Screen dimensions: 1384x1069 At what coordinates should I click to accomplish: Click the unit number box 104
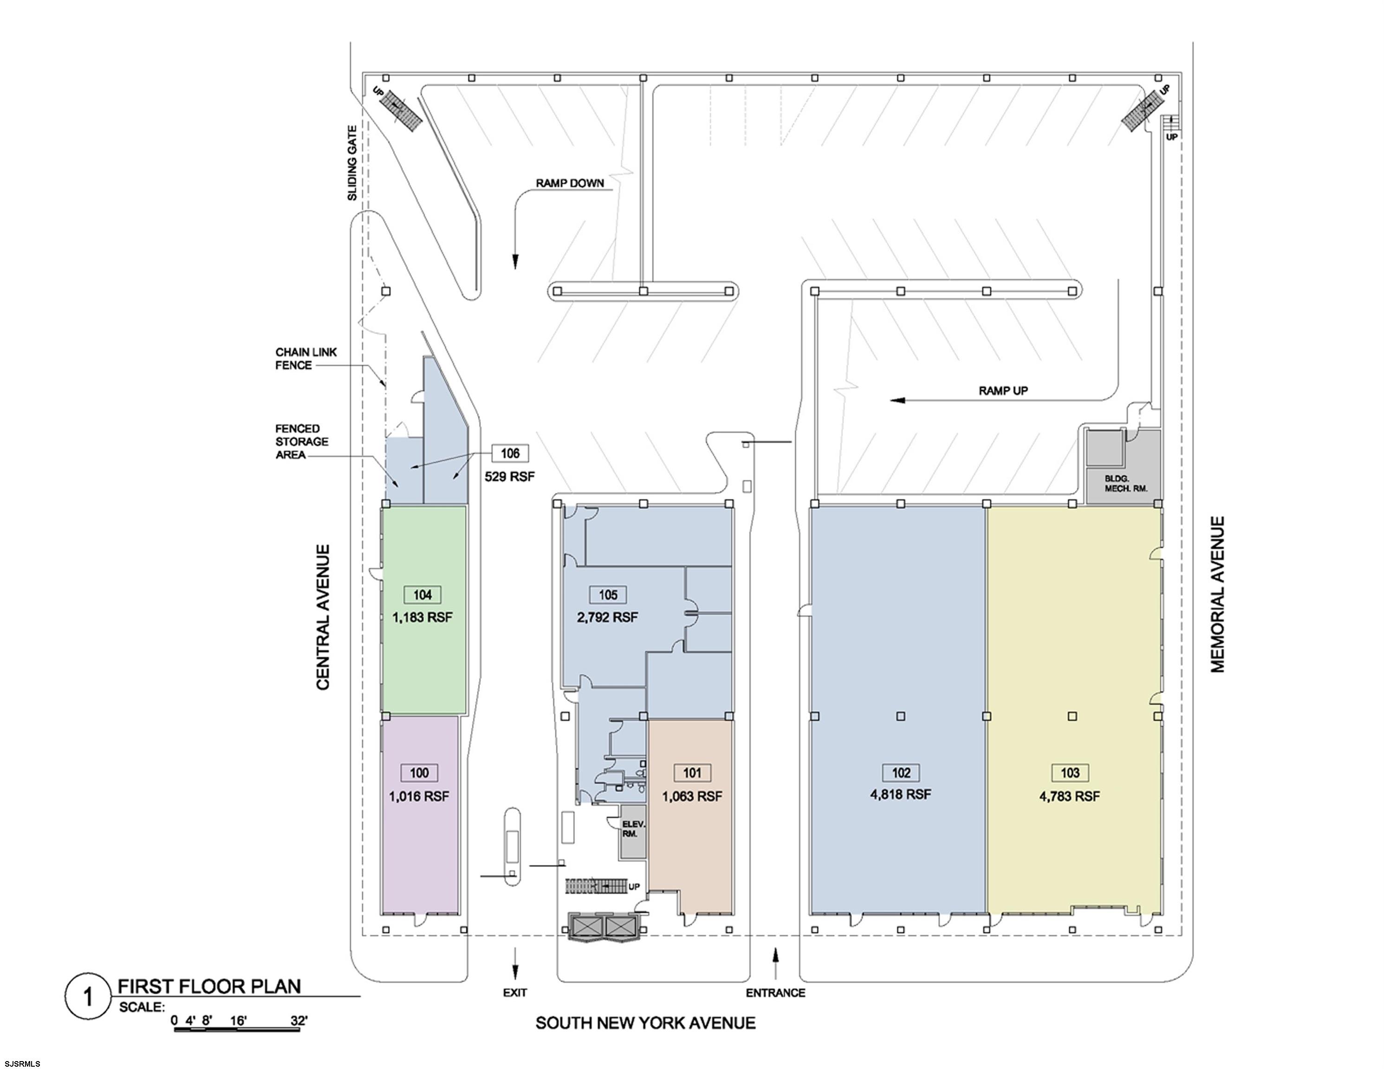pyautogui.click(x=422, y=595)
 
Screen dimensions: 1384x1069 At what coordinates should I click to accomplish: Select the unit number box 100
pyautogui.click(x=420, y=773)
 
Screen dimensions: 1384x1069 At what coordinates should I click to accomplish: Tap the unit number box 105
pyautogui.click(x=608, y=595)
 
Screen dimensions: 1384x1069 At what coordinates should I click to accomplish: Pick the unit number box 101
pyautogui.click(x=692, y=773)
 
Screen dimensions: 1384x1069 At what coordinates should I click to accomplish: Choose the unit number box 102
pyautogui.click(x=901, y=773)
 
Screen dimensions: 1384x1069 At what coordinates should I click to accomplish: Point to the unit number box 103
pyautogui.click(x=1070, y=773)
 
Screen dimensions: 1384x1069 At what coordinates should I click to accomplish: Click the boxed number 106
pyautogui.click(x=510, y=453)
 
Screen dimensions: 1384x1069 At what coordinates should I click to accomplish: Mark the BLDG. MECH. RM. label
pyautogui.click(x=1125, y=484)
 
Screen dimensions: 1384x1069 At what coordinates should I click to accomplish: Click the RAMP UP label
pyautogui.click(x=1003, y=391)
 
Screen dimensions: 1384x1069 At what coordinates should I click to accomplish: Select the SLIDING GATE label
pyautogui.click(x=352, y=163)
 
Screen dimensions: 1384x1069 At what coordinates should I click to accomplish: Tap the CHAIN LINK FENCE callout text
pyautogui.click(x=306, y=359)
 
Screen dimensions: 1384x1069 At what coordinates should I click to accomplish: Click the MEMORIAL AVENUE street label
pyautogui.click(x=1218, y=594)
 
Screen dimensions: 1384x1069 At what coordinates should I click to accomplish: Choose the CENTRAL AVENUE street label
pyautogui.click(x=323, y=618)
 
